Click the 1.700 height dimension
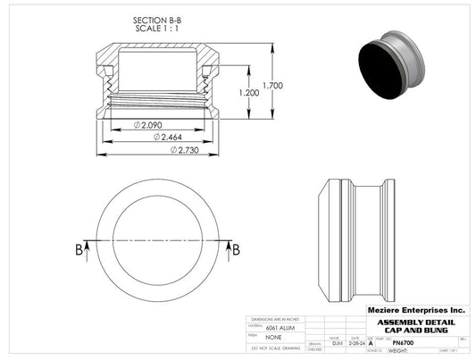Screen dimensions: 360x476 click(274, 87)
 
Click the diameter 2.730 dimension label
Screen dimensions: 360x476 click(185, 150)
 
